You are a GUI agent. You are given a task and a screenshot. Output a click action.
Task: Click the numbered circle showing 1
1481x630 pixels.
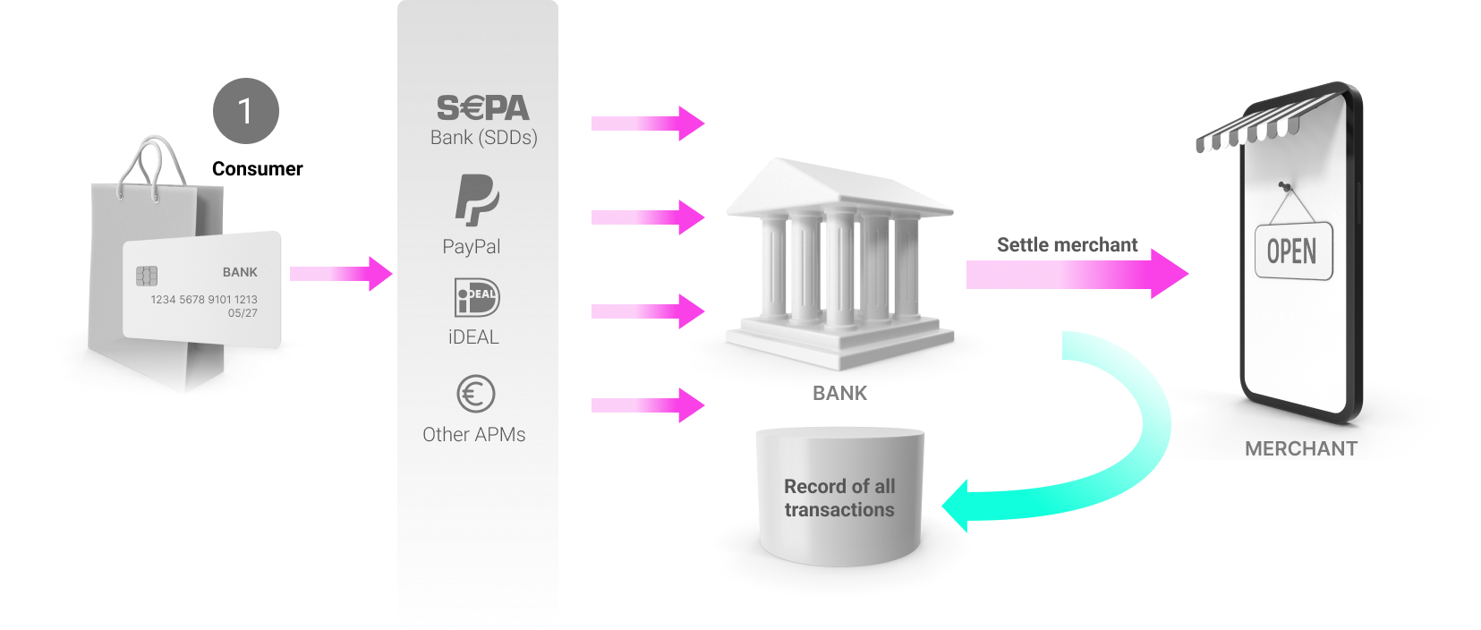click(x=246, y=111)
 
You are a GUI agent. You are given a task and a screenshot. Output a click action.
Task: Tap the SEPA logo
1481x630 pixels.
click(x=483, y=108)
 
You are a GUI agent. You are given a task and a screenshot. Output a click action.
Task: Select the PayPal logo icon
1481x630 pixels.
click(x=476, y=200)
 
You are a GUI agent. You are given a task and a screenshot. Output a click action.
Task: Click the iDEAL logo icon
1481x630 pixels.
click(x=477, y=298)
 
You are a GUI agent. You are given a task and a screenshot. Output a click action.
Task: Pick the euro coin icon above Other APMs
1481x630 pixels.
click(x=475, y=394)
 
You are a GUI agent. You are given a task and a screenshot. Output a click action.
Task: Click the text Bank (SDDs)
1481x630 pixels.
click(x=483, y=138)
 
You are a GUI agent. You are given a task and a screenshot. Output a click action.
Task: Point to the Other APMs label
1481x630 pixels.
click(x=473, y=435)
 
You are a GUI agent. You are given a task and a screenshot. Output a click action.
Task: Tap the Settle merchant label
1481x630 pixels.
click(x=1067, y=245)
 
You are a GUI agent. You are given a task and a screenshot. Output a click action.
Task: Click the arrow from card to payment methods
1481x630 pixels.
click(x=341, y=274)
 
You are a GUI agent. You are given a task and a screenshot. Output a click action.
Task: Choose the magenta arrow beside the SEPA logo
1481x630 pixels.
click(x=648, y=123)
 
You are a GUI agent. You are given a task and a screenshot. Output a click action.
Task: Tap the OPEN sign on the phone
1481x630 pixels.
click(x=1292, y=251)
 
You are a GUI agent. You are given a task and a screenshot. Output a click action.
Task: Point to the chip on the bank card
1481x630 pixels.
click(x=147, y=276)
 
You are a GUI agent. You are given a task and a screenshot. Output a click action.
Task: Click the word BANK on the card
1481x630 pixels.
click(x=240, y=272)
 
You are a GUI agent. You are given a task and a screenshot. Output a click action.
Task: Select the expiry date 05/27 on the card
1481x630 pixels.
click(x=243, y=313)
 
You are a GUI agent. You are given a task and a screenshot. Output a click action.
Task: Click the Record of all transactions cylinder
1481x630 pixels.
click(x=839, y=497)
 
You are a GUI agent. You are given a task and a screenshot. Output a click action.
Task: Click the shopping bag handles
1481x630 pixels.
click(x=152, y=166)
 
